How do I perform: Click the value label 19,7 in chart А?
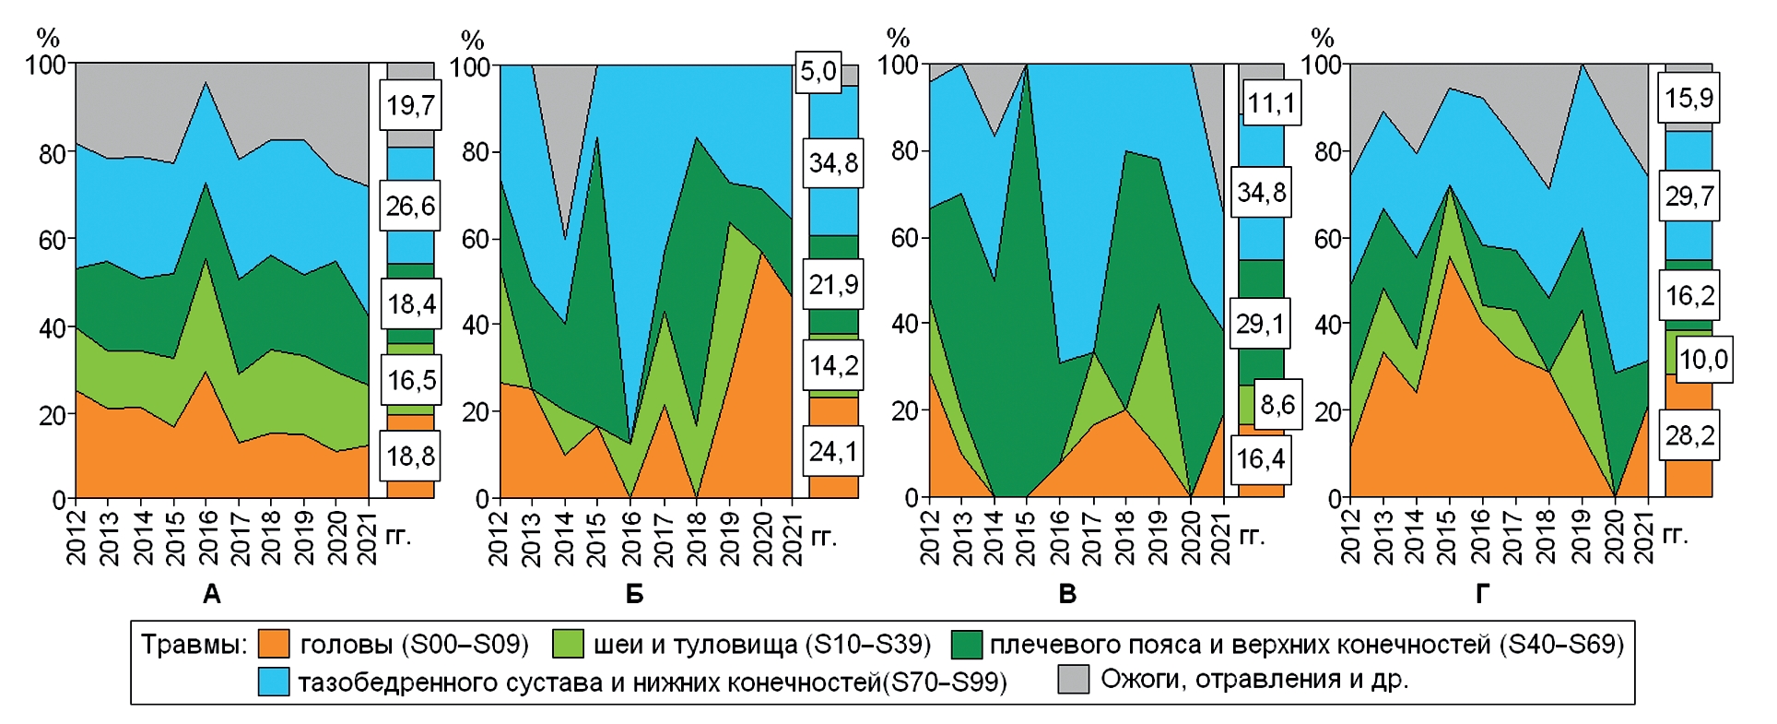point(410,105)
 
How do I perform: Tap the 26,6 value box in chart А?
point(410,205)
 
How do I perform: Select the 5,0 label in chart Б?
point(818,71)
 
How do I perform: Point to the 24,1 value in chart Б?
point(832,451)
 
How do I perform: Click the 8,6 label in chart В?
point(1277,404)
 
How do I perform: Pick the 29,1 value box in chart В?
point(1259,324)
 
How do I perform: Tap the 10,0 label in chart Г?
point(1703,359)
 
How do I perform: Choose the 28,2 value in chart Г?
point(1689,434)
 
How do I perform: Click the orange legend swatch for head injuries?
point(274,644)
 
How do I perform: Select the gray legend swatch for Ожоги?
point(1073,680)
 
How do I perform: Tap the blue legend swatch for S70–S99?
point(274,682)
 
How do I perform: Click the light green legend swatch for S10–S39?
point(568,644)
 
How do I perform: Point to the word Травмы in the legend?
point(194,644)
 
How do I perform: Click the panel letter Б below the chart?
point(634,595)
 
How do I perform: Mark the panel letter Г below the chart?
point(1482,595)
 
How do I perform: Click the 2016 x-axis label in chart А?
point(208,538)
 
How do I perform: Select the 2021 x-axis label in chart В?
point(1220,538)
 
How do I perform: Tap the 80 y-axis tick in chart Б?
point(475,152)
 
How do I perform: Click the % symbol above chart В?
point(897,38)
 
